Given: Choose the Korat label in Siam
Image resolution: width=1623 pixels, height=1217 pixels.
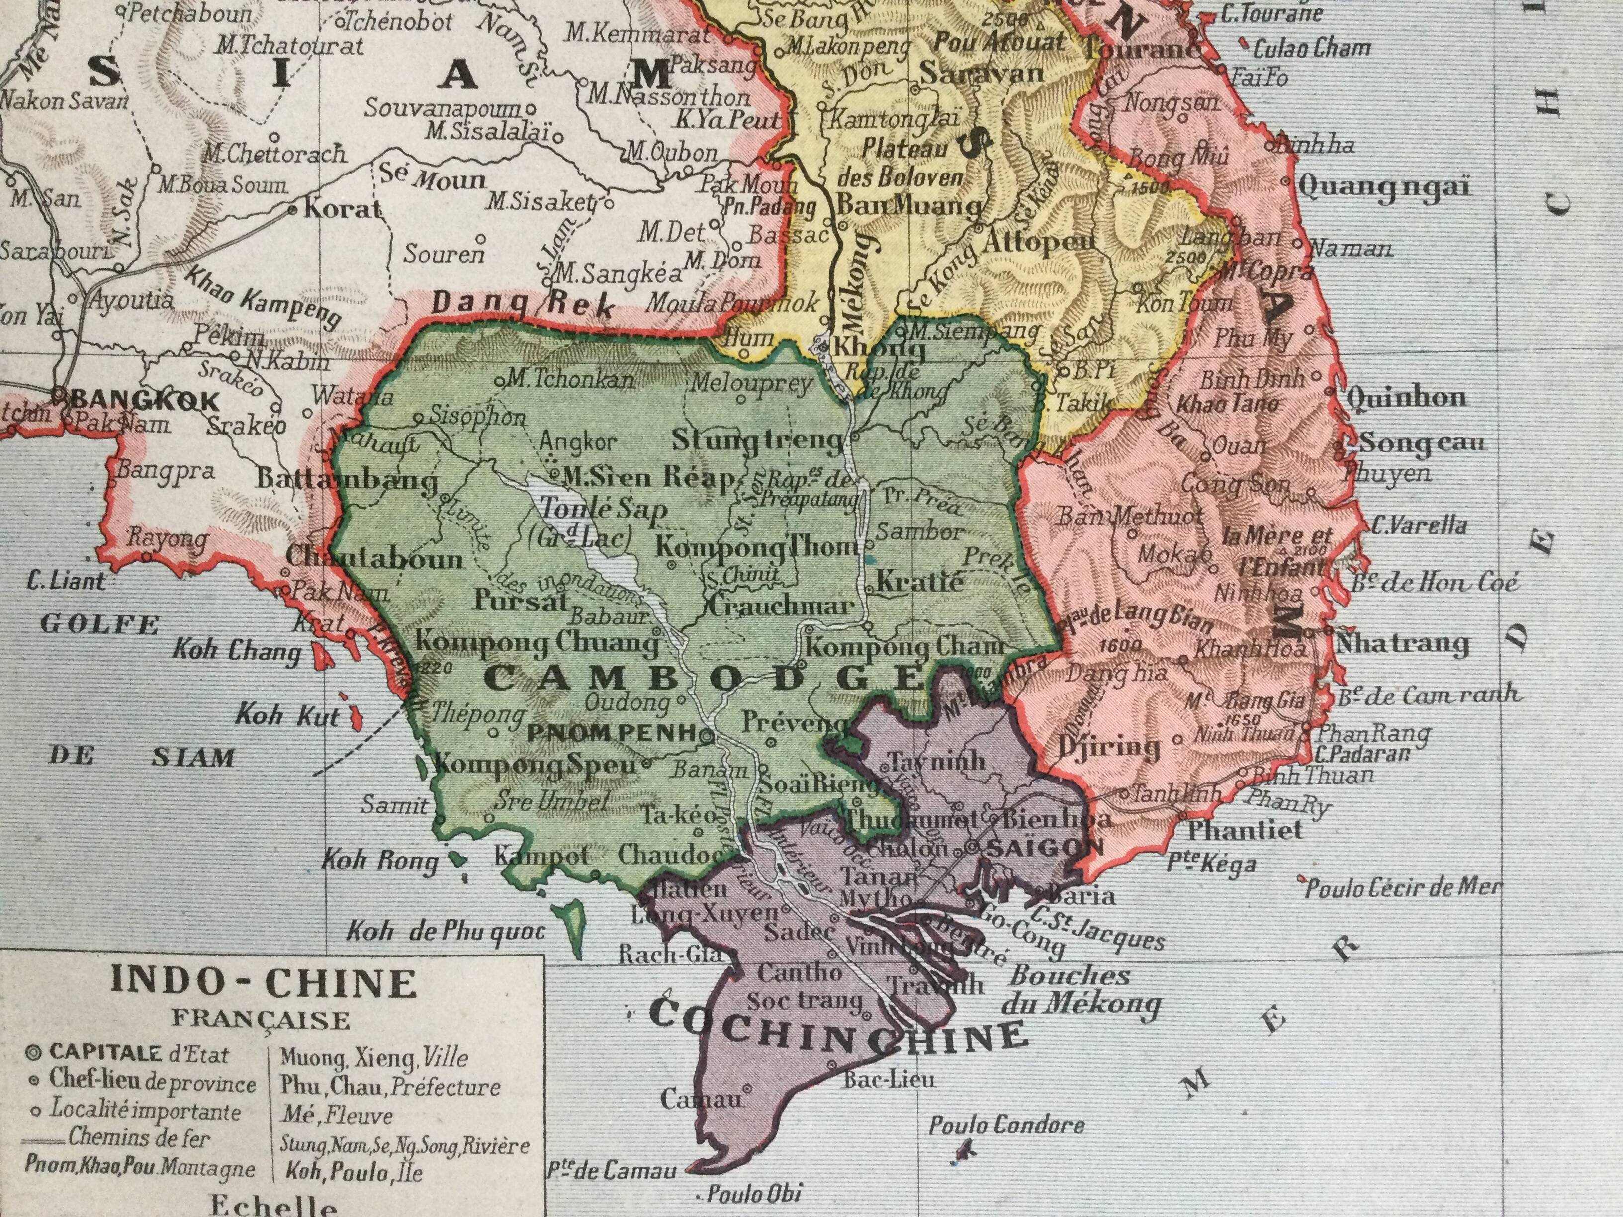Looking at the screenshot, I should tap(343, 209).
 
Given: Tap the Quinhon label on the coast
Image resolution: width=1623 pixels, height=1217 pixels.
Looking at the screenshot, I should tap(1407, 398).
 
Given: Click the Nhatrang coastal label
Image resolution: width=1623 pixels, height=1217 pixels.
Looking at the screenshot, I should tap(1403, 643).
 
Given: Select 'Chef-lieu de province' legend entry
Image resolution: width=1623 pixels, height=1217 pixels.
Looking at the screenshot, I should tap(152, 1083).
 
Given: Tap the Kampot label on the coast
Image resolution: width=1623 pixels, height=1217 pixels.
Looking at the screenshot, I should tap(541, 856).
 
